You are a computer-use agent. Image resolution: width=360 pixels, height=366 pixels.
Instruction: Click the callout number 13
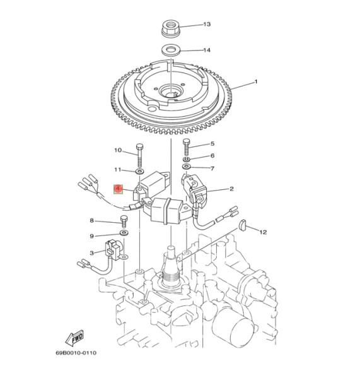click(x=206, y=25)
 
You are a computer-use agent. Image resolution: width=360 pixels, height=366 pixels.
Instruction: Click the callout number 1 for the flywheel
click(x=256, y=82)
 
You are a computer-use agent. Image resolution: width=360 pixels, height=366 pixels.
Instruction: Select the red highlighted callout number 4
click(x=117, y=189)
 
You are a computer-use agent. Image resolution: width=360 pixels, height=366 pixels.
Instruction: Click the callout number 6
click(x=212, y=156)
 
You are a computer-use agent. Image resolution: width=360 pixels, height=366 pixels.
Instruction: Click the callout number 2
click(x=231, y=189)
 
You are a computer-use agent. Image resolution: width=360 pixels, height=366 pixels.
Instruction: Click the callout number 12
click(x=263, y=232)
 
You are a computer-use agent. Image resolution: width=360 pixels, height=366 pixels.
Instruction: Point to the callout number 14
click(x=206, y=50)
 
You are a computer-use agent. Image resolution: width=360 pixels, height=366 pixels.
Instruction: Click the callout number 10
click(x=118, y=150)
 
